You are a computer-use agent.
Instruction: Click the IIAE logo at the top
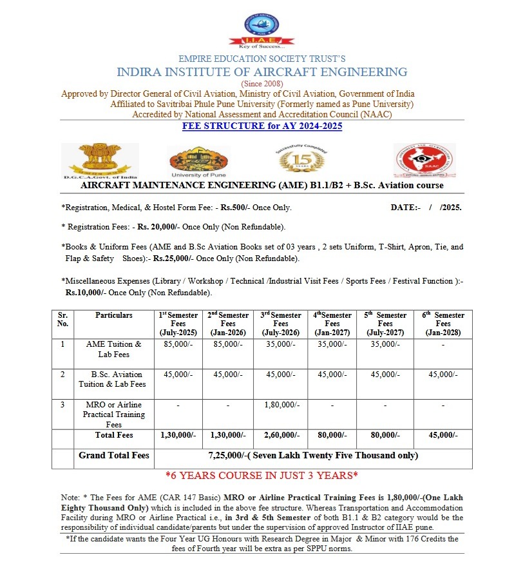(261, 30)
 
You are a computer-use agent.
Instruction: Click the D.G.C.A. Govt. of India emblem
(100, 161)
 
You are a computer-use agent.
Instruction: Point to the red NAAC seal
(424, 161)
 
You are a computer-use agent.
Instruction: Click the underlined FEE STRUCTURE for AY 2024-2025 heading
(261, 126)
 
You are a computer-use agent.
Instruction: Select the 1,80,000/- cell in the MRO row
(281, 405)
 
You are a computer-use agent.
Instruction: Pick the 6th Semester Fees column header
(443, 324)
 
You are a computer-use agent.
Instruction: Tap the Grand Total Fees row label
(114, 456)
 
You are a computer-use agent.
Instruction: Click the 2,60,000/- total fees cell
(281, 435)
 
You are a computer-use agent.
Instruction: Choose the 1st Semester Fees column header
(178, 324)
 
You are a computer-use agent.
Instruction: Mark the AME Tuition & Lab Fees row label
(114, 349)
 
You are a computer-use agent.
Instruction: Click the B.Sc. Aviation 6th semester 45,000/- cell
(443, 375)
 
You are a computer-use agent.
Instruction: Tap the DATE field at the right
(426, 208)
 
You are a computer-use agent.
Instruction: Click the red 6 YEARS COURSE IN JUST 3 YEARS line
(261, 476)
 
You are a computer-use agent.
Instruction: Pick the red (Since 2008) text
(261, 84)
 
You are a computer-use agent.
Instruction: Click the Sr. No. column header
(62, 319)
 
